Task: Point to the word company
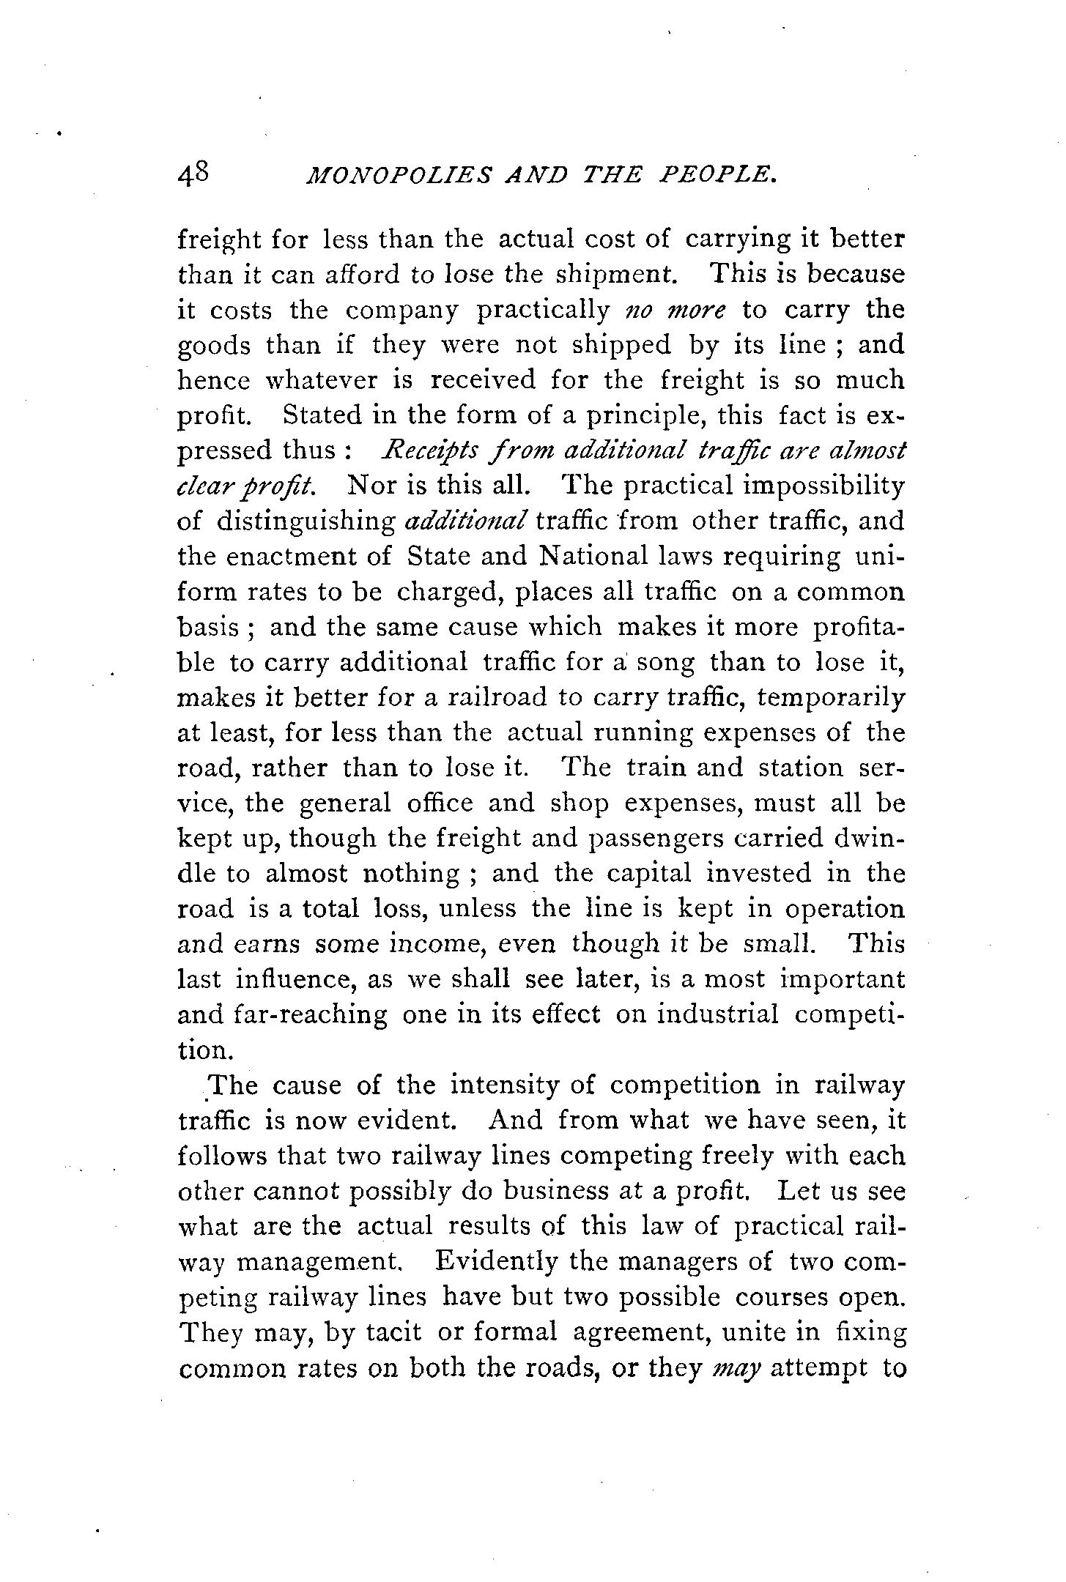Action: (401, 311)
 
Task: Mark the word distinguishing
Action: (306, 522)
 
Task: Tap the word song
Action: (666, 663)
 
